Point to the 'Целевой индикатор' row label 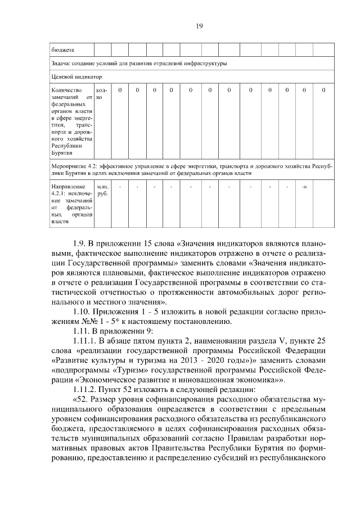click(x=74, y=76)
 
